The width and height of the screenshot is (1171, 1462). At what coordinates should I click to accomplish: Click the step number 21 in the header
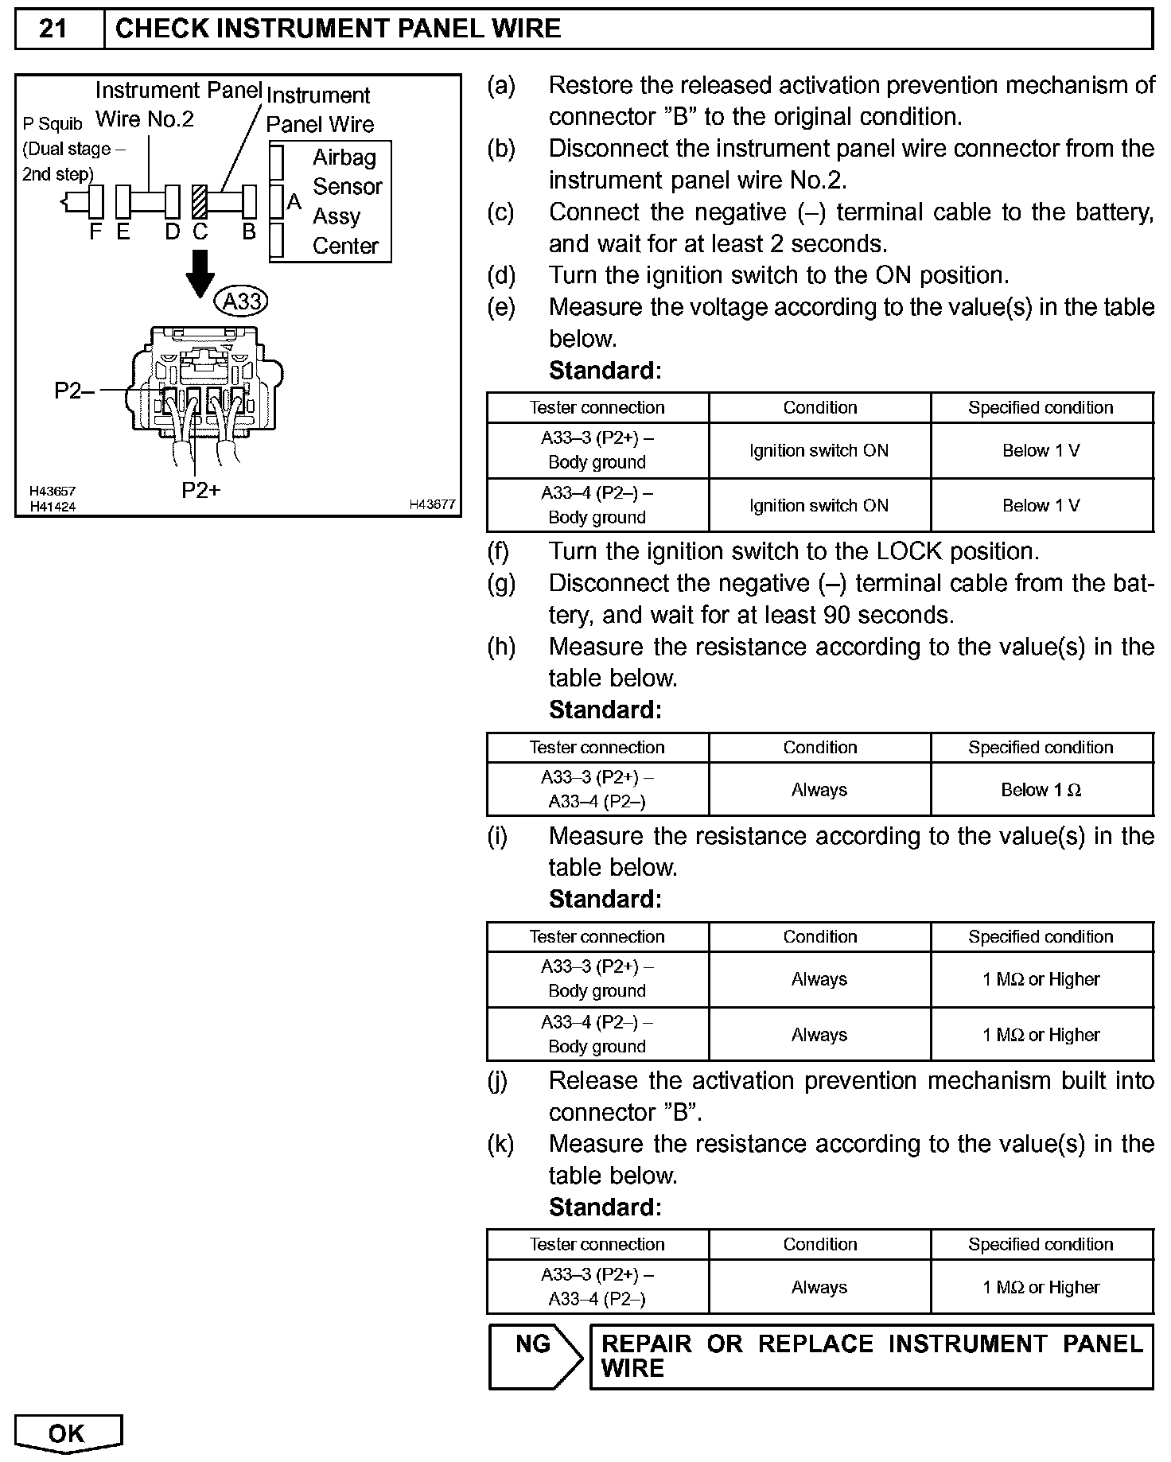pos(53,29)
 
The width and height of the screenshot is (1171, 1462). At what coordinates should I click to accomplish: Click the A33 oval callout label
pos(242,301)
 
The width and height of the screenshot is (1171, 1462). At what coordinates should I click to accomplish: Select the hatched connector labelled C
pos(199,202)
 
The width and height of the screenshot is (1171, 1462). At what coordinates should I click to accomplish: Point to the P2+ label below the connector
pos(200,490)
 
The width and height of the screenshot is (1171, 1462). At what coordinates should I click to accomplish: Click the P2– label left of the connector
pos(74,391)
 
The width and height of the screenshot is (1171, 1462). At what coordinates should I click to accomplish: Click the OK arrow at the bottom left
pos(68,1433)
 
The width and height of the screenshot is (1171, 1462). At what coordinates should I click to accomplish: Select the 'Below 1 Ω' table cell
pos(1041,790)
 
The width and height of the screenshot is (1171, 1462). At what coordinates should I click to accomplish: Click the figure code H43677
pos(432,504)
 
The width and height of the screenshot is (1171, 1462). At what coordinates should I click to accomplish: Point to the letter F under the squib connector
pos(95,232)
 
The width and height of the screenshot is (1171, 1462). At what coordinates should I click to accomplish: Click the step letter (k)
pos(500,1144)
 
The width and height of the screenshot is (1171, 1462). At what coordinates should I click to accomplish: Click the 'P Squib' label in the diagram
pos(52,124)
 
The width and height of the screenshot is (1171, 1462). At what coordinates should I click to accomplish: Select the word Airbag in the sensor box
pos(344,157)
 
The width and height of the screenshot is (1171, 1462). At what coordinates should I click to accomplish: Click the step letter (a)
pos(500,85)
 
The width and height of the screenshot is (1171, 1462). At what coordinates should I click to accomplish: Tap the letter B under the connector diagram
pos(249,232)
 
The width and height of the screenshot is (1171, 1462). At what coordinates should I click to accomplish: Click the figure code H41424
pos(53,507)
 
